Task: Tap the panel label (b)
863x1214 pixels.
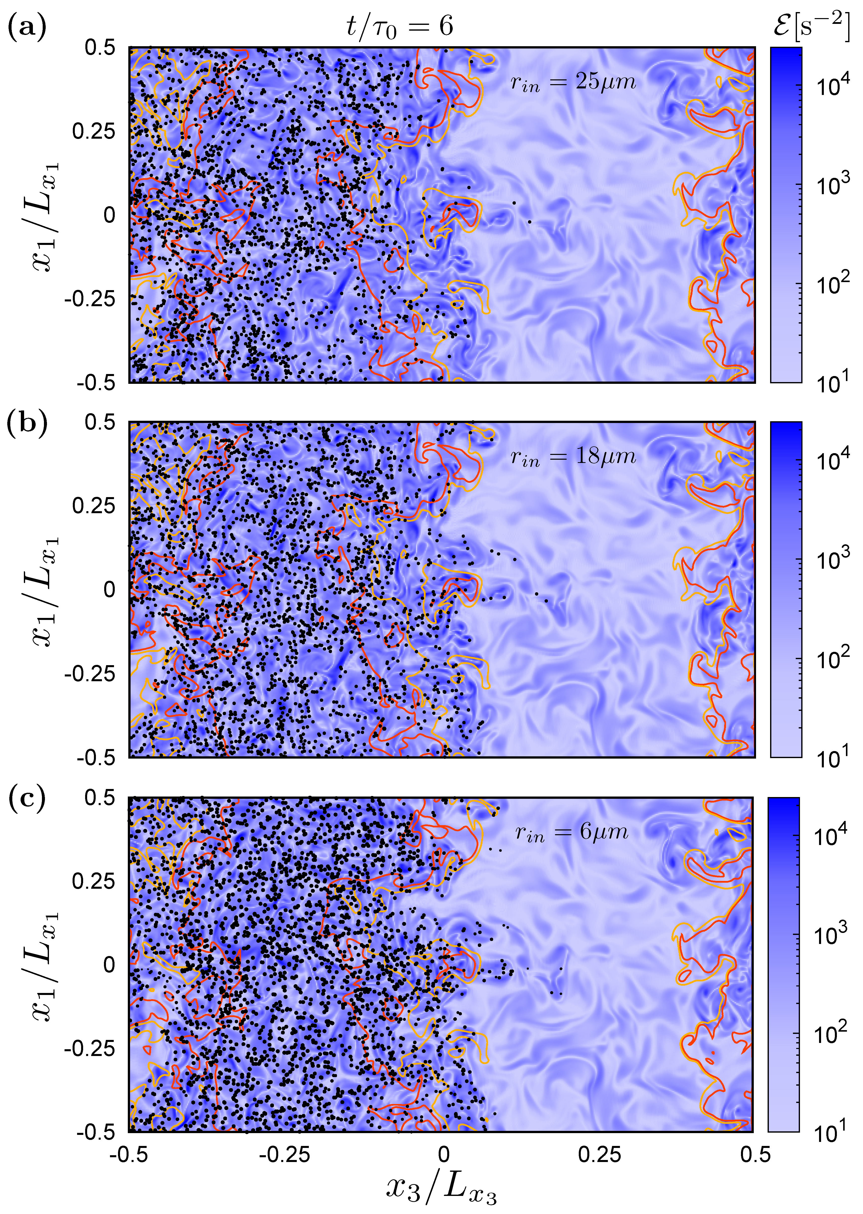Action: (27, 424)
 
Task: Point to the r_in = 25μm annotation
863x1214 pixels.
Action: (573, 82)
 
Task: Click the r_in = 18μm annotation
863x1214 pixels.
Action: (573, 457)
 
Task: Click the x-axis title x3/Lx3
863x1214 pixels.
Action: (441, 1188)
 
